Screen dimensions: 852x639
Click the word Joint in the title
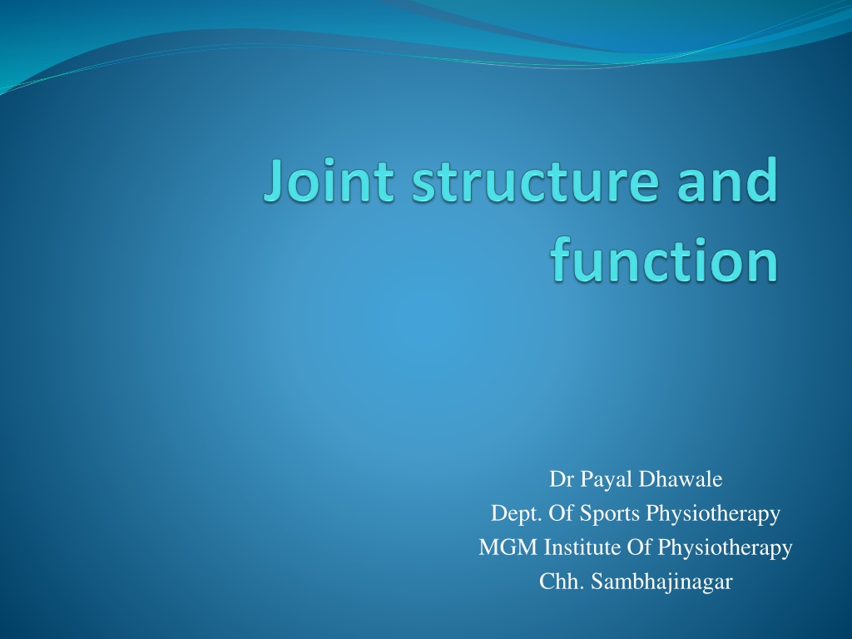click(x=329, y=180)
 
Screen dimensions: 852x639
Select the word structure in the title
click(x=535, y=182)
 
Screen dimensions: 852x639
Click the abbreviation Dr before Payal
click(x=562, y=479)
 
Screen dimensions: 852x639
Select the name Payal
click(x=607, y=480)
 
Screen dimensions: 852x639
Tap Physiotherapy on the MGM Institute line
click(x=725, y=548)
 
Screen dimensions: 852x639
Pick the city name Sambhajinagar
click(x=661, y=582)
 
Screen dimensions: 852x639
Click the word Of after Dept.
click(x=561, y=513)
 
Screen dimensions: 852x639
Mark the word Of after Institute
click(x=638, y=547)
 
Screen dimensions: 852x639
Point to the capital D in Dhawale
click(x=646, y=479)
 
